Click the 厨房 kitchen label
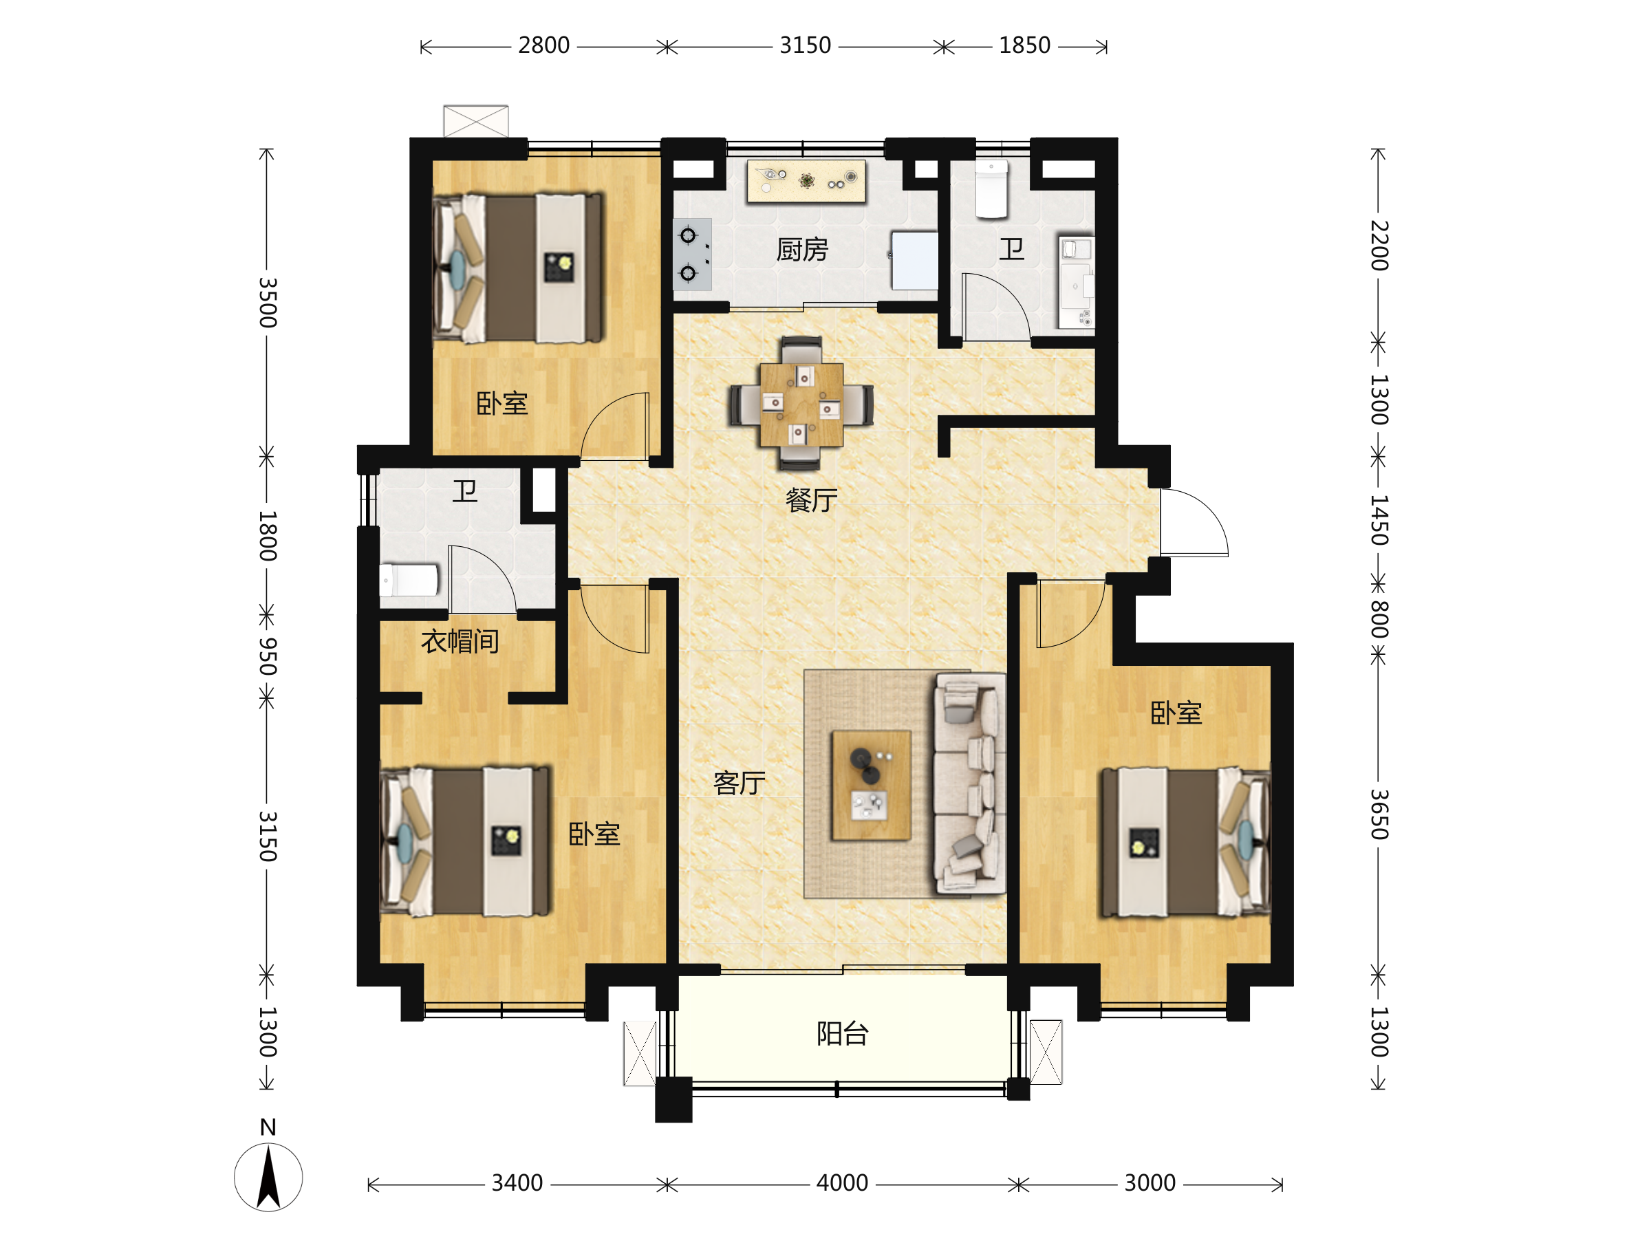click(x=802, y=249)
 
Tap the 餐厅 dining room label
click(x=811, y=500)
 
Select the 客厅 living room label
click(x=739, y=783)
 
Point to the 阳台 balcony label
click(x=843, y=1034)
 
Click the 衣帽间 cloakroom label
click(x=460, y=641)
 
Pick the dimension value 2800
click(x=543, y=45)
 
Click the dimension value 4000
click(x=842, y=1183)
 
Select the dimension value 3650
click(x=1379, y=814)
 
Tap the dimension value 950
click(x=267, y=656)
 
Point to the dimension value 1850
click(x=1025, y=45)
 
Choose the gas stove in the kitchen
click(x=692, y=255)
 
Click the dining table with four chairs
click(x=801, y=404)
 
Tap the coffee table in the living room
click(x=871, y=786)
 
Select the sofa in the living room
click(x=969, y=783)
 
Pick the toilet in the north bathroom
click(x=992, y=189)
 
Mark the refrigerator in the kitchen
click(x=915, y=261)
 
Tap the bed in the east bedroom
click(x=1186, y=843)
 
